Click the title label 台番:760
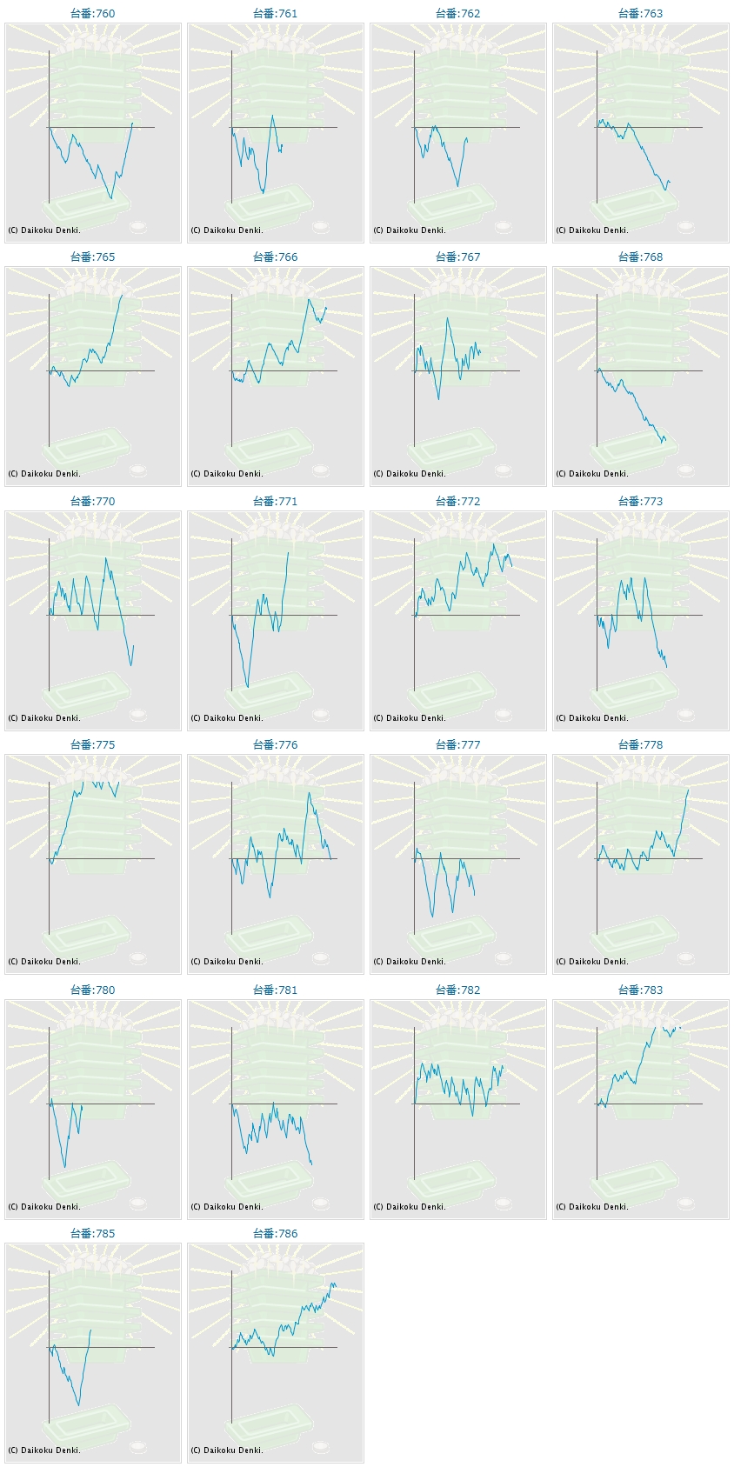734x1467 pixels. pos(92,13)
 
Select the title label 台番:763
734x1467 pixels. pos(640,13)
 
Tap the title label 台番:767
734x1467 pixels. pos(457,257)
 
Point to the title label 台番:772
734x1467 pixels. pos(457,501)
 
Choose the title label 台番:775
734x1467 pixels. pos(92,744)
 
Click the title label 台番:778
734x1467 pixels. pos(640,744)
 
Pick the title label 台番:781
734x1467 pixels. pos(275,990)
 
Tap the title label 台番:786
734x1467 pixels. pos(275,1233)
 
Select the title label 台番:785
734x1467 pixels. pos(92,1233)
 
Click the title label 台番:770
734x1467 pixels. pos(92,501)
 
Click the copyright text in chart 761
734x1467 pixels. pos(227,230)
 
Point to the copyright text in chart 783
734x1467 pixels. pos(592,1207)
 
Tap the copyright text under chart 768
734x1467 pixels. pos(592,474)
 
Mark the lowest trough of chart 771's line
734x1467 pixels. pos(248,687)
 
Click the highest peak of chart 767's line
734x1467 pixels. pos(448,318)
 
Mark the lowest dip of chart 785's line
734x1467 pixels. pos(78,1405)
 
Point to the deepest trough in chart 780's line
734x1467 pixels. pos(64,1167)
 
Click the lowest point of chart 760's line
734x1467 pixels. pos(111,199)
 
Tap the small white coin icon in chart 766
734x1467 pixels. pos(320,470)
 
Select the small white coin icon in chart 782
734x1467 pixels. pos(503,1204)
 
